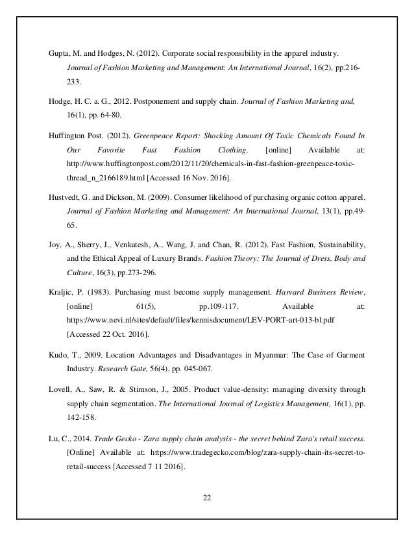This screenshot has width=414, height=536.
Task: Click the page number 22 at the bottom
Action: (206, 497)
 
